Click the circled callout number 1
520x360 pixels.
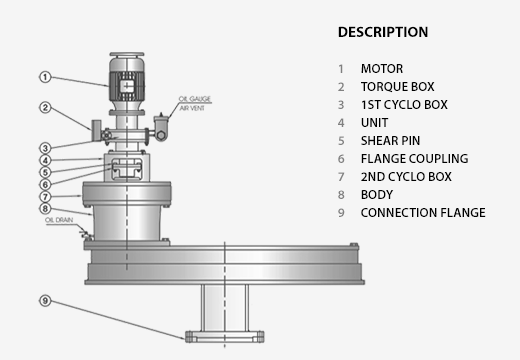[45, 77]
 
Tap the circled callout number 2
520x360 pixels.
[45, 108]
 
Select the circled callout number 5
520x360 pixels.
[45, 172]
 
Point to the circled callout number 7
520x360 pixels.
[45, 197]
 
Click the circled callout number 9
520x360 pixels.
[45, 301]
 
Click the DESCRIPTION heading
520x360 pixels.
[383, 32]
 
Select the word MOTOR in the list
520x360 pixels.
[382, 69]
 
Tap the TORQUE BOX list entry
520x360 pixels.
[398, 87]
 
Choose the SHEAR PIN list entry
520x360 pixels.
[390, 141]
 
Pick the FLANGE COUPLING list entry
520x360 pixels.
[414, 159]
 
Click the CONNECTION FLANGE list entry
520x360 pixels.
[423, 213]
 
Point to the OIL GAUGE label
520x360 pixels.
[195, 99]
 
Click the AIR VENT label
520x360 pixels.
[192, 108]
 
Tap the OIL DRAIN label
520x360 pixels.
[59, 220]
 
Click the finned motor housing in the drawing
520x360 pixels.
[127, 86]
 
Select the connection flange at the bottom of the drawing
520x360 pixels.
[225, 337]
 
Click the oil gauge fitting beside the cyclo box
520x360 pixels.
[161, 127]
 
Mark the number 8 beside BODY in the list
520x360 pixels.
[341, 195]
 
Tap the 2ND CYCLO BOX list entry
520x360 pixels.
[406, 177]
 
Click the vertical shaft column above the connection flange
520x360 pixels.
[225, 308]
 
